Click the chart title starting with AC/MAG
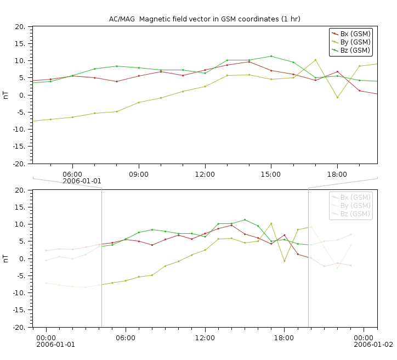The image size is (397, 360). (205, 19)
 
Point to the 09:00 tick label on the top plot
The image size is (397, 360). (139, 173)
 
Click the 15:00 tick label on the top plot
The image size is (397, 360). (271, 173)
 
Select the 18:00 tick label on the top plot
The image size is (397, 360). (337, 173)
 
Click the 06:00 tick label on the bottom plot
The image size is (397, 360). (126, 337)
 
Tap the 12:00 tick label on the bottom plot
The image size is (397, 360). (205, 337)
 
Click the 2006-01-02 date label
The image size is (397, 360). (373, 345)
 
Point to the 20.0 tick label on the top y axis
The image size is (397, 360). (20, 27)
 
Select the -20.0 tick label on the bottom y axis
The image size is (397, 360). (19, 328)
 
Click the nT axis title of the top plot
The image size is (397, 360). (5, 95)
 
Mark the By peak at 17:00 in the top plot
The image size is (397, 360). (315, 60)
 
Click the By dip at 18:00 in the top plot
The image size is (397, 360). (337, 98)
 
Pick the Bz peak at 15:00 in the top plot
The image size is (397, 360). (271, 56)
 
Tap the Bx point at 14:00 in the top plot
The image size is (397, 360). (249, 62)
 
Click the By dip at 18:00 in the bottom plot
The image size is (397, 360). (284, 261)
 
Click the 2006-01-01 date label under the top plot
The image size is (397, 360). (82, 181)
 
